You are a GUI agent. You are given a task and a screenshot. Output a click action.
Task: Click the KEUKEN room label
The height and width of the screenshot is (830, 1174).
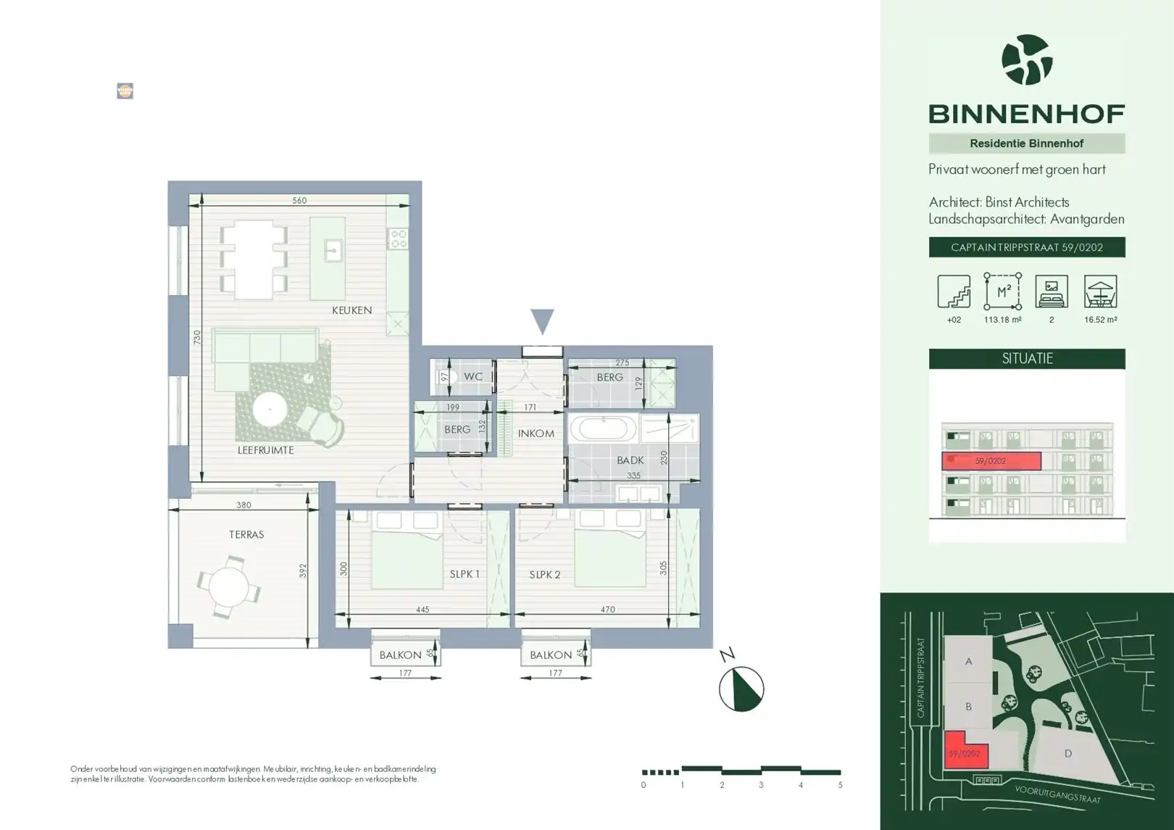point(351,310)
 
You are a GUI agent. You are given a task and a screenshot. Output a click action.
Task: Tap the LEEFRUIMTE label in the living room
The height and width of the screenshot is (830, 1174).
point(265,450)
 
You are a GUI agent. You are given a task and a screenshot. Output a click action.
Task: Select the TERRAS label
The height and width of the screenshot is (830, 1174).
point(246,534)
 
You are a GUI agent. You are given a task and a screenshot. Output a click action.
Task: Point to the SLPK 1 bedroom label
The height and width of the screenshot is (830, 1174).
point(465,574)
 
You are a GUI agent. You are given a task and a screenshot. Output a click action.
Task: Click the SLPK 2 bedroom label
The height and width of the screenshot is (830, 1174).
point(544,575)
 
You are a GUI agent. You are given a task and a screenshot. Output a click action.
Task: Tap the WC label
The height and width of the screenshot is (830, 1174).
point(473,376)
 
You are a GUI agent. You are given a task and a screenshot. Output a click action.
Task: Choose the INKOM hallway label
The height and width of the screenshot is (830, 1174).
point(536,433)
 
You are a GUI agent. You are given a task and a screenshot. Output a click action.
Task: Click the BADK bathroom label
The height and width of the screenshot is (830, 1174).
point(630,460)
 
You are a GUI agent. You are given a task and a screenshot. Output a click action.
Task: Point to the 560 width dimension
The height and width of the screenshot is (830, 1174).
point(299,200)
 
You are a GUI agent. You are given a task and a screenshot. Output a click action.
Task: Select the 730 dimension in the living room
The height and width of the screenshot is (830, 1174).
point(197,337)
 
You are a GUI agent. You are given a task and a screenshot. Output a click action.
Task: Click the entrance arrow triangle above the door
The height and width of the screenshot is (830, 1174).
point(542,322)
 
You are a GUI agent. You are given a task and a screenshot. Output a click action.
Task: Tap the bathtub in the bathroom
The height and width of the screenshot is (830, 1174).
point(603,429)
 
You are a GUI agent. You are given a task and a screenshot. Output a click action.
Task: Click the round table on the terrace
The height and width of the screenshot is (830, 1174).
point(228,586)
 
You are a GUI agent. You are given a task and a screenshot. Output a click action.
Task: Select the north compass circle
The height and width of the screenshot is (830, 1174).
point(741,689)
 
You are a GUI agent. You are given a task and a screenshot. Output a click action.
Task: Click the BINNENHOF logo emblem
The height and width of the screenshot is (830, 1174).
point(1027,59)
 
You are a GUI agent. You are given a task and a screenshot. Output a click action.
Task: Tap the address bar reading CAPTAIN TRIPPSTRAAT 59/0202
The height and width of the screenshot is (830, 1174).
point(1027,247)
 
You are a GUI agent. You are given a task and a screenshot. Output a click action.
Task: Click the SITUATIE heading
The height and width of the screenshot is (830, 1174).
point(1027,359)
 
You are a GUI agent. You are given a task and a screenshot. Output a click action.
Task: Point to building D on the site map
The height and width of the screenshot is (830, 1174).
point(1067,753)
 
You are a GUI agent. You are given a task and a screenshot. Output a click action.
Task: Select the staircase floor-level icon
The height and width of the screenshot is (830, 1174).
point(954,291)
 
